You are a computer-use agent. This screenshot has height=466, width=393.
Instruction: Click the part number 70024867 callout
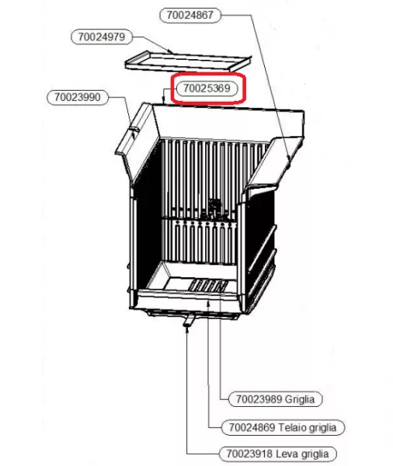190,16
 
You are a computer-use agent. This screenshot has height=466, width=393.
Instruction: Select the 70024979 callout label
102,37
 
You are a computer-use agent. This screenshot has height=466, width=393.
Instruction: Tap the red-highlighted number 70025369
207,89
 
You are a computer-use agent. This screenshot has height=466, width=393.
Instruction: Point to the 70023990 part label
78,97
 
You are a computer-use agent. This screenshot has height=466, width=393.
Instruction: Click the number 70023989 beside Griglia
259,399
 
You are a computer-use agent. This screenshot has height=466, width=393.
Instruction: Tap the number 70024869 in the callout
252,428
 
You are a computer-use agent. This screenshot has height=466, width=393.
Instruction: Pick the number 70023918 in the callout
249,454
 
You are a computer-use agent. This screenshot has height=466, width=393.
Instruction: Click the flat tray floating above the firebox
187,62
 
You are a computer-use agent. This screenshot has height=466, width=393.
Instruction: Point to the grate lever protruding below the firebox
189,321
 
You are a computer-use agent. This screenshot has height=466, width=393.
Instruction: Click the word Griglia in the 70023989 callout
300,399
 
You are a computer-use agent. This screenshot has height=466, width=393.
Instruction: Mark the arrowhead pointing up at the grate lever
187,330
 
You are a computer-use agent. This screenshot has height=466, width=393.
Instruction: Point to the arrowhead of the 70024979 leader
170,52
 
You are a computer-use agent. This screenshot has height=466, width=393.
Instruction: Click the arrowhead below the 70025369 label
163,101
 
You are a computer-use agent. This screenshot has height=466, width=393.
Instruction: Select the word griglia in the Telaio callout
323,428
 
